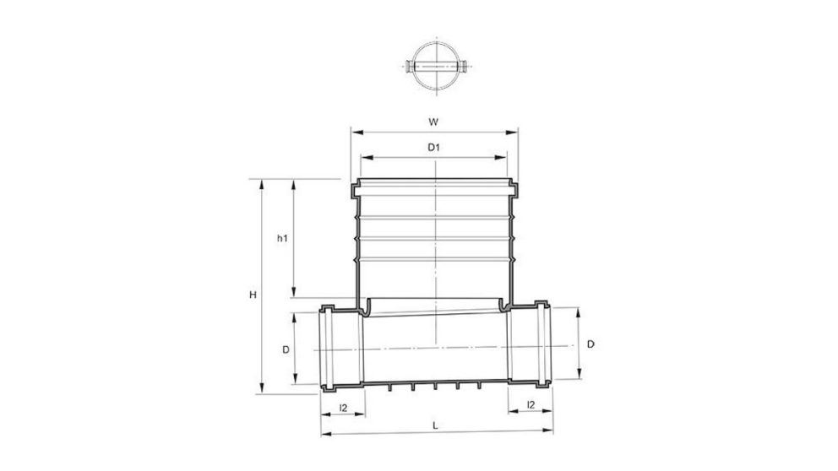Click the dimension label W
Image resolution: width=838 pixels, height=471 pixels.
pyautogui.click(x=433, y=122)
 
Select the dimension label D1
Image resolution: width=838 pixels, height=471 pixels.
pyautogui.click(x=433, y=147)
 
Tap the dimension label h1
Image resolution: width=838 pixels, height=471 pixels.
pyautogui.click(x=283, y=239)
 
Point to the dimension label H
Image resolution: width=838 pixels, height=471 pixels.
pyautogui.click(x=253, y=295)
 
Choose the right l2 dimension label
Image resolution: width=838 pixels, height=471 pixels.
pyautogui.click(x=530, y=405)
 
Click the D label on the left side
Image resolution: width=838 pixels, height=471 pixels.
pyautogui.click(x=286, y=348)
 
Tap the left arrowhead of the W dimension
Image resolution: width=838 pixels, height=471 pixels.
pyautogui.click(x=354, y=133)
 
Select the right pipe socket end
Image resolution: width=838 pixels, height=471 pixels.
pyautogui.click(x=542, y=346)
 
